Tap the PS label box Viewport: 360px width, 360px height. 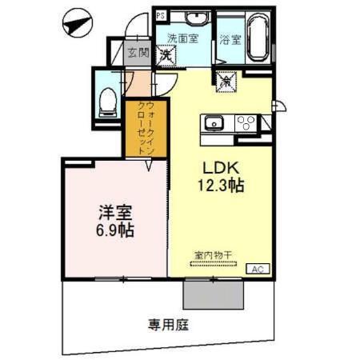point(161,15)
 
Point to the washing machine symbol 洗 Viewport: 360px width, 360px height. point(167,55)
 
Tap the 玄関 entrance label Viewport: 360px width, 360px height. point(138,53)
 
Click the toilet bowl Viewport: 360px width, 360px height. point(105,100)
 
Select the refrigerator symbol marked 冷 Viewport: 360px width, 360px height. point(226,80)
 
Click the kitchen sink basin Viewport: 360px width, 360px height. point(214,122)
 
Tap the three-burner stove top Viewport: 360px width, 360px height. point(243,122)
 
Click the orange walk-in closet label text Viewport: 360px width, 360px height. point(142,126)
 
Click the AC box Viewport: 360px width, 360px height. point(258,270)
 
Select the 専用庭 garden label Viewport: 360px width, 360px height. point(167,325)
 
